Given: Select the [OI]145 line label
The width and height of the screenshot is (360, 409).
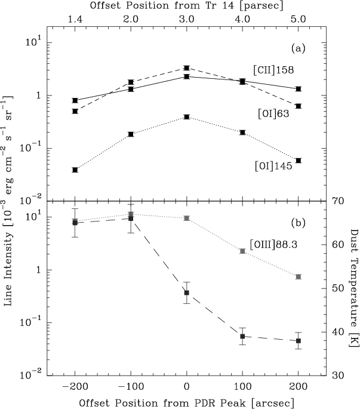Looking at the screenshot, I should tap(271, 167).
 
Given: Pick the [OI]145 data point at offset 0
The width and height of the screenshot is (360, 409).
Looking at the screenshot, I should tap(187, 117).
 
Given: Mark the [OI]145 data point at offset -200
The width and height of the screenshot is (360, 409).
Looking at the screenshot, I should tap(75, 170).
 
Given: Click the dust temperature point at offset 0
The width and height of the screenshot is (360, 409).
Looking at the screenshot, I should tap(187, 293).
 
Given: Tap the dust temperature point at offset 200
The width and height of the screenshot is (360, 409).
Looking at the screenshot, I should tap(299, 340).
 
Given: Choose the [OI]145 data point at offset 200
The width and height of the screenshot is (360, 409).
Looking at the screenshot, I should tap(299, 160).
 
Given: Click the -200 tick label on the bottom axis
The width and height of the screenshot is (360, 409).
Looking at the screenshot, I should tap(75, 386).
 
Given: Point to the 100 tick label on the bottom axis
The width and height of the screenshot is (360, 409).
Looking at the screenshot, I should tap(242, 386).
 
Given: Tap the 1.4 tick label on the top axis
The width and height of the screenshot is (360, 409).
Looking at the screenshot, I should tap(75, 20).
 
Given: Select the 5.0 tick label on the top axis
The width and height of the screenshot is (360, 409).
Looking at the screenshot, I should tap(299, 20).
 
